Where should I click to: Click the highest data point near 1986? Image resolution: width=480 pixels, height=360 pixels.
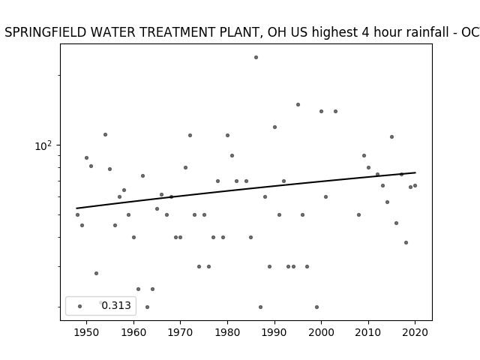pos(256,58)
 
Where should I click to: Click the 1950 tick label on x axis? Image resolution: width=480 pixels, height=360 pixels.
pos(87,332)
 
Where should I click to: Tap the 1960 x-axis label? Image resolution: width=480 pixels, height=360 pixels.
pos(133,332)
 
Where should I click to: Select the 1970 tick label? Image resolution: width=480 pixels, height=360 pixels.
pos(181,332)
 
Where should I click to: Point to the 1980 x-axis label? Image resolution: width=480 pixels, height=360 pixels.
pos(227,332)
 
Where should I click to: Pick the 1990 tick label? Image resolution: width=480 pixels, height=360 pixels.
pos(274,332)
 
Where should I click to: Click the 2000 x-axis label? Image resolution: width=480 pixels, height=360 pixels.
pos(322,332)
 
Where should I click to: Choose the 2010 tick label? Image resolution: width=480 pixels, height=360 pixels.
pos(368,332)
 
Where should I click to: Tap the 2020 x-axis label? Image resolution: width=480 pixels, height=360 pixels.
pos(415,332)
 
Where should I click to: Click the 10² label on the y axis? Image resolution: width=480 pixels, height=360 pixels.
pos(43,145)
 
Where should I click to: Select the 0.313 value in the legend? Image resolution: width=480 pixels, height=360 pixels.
pos(116,305)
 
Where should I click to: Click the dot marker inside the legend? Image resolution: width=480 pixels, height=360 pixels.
pos(80,306)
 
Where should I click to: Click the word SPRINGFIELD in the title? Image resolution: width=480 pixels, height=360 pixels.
pos(45,32)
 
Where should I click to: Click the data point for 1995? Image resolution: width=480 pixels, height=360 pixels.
pos(298,105)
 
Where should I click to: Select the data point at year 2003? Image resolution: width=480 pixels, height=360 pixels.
pos(335,112)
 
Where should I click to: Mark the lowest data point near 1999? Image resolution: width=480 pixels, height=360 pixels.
pos(316,307)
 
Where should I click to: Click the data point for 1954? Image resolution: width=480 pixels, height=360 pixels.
pos(105,135)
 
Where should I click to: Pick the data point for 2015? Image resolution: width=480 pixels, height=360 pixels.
pos(391,136)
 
